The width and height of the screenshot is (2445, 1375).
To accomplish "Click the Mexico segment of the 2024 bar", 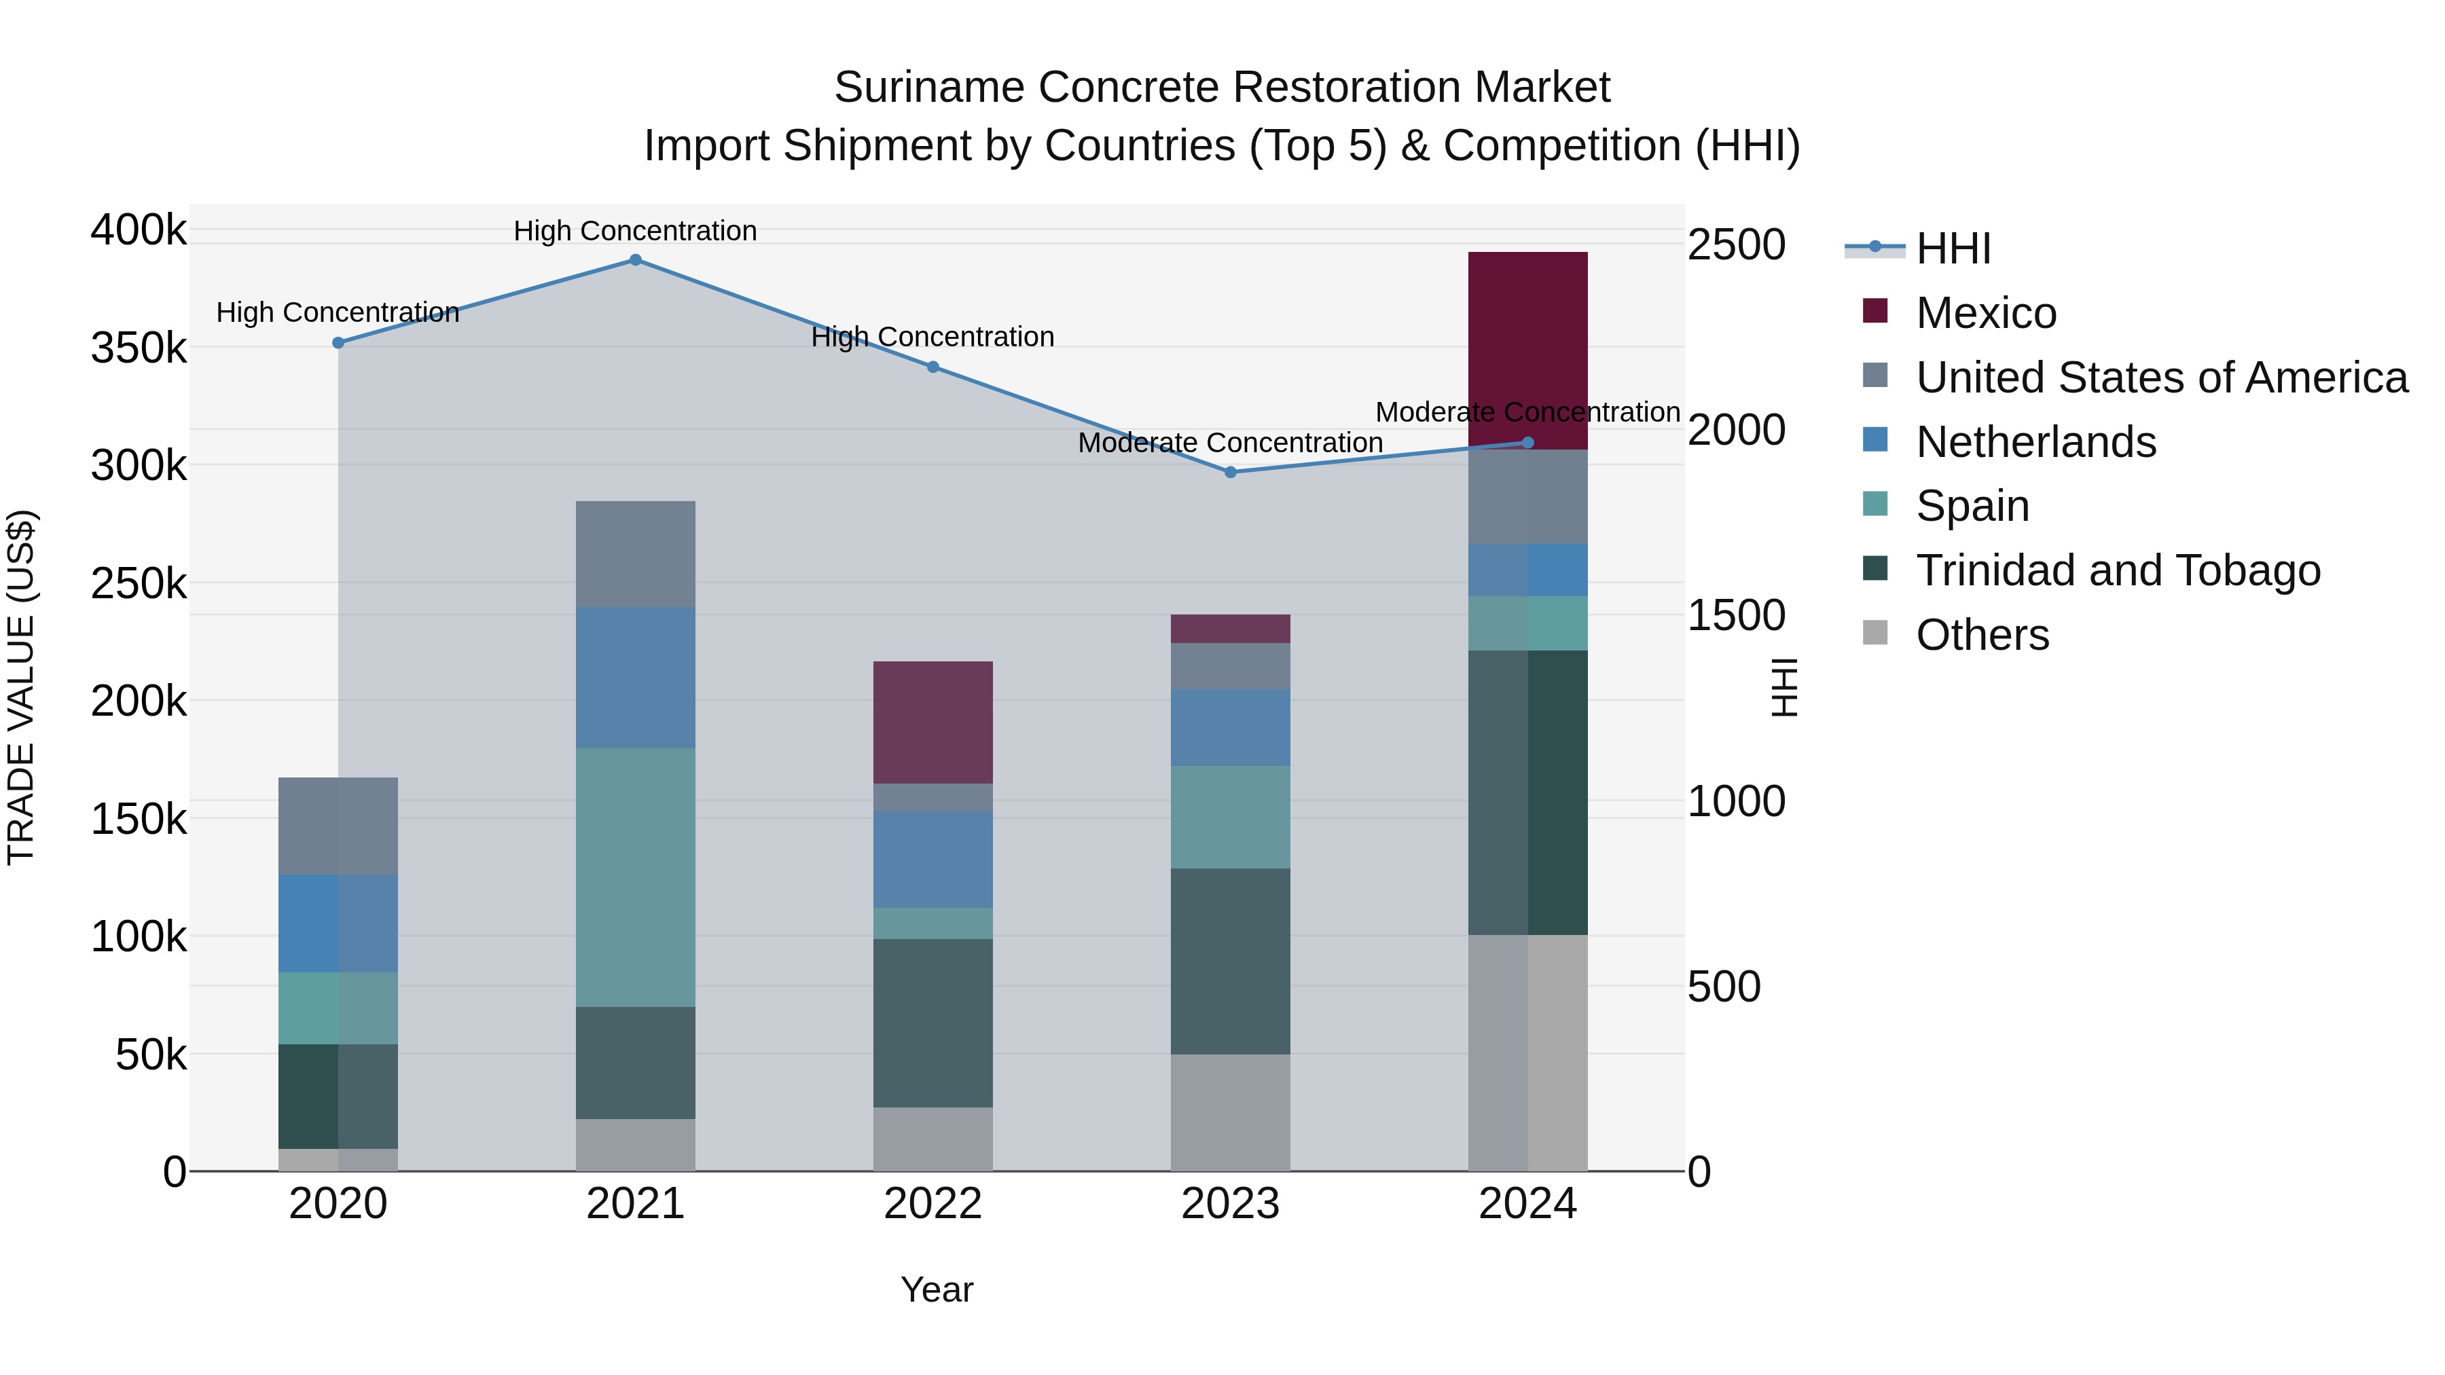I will click(x=1527, y=350).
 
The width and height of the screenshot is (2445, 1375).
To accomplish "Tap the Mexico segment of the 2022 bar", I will click(x=932, y=722).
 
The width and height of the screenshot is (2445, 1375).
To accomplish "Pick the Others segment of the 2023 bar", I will click(x=1230, y=1112).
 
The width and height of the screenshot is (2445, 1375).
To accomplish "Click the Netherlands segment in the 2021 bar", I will click(x=635, y=678).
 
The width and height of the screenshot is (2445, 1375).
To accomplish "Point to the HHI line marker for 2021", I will click(x=636, y=260).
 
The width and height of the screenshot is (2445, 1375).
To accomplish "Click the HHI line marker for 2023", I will click(x=1230, y=472).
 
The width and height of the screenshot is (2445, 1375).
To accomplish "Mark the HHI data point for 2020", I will click(x=338, y=343).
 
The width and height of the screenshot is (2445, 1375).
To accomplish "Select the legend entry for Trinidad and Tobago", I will click(x=2118, y=570).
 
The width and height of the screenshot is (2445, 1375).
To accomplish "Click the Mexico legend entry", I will click(x=1986, y=313).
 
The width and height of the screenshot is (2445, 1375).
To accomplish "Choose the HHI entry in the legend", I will click(x=1953, y=249).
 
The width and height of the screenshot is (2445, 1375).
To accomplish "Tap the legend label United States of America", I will click(x=2161, y=378).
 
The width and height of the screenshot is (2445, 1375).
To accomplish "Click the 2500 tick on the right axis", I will click(x=1736, y=245).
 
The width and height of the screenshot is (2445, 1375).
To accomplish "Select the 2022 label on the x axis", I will click(x=932, y=1204).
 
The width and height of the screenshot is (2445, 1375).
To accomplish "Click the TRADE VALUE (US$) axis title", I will click(x=21, y=687).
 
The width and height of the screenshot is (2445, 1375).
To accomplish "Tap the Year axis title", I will click(x=936, y=1289).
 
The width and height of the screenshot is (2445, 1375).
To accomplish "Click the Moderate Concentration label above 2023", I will click(x=1230, y=443).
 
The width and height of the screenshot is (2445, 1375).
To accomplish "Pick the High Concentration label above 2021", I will click(x=635, y=231).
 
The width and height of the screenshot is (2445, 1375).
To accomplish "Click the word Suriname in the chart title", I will click(x=929, y=88).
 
